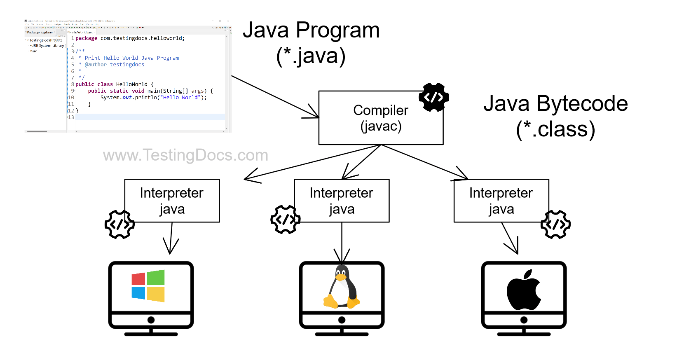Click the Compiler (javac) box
[380, 118]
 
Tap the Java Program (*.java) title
[311, 43]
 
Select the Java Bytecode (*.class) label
[555, 117]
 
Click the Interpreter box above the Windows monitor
[172, 201]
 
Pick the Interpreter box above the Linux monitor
[342, 201]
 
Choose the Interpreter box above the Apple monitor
[501, 201]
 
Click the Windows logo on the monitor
[148, 286]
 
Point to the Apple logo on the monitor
[524, 290]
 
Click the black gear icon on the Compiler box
[434, 97]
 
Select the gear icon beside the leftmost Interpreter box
[119, 224]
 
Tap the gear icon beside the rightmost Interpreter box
[555, 224]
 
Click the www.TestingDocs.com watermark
[185, 155]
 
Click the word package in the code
[86, 38]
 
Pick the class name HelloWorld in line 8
[131, 84]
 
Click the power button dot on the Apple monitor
[524, 320]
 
